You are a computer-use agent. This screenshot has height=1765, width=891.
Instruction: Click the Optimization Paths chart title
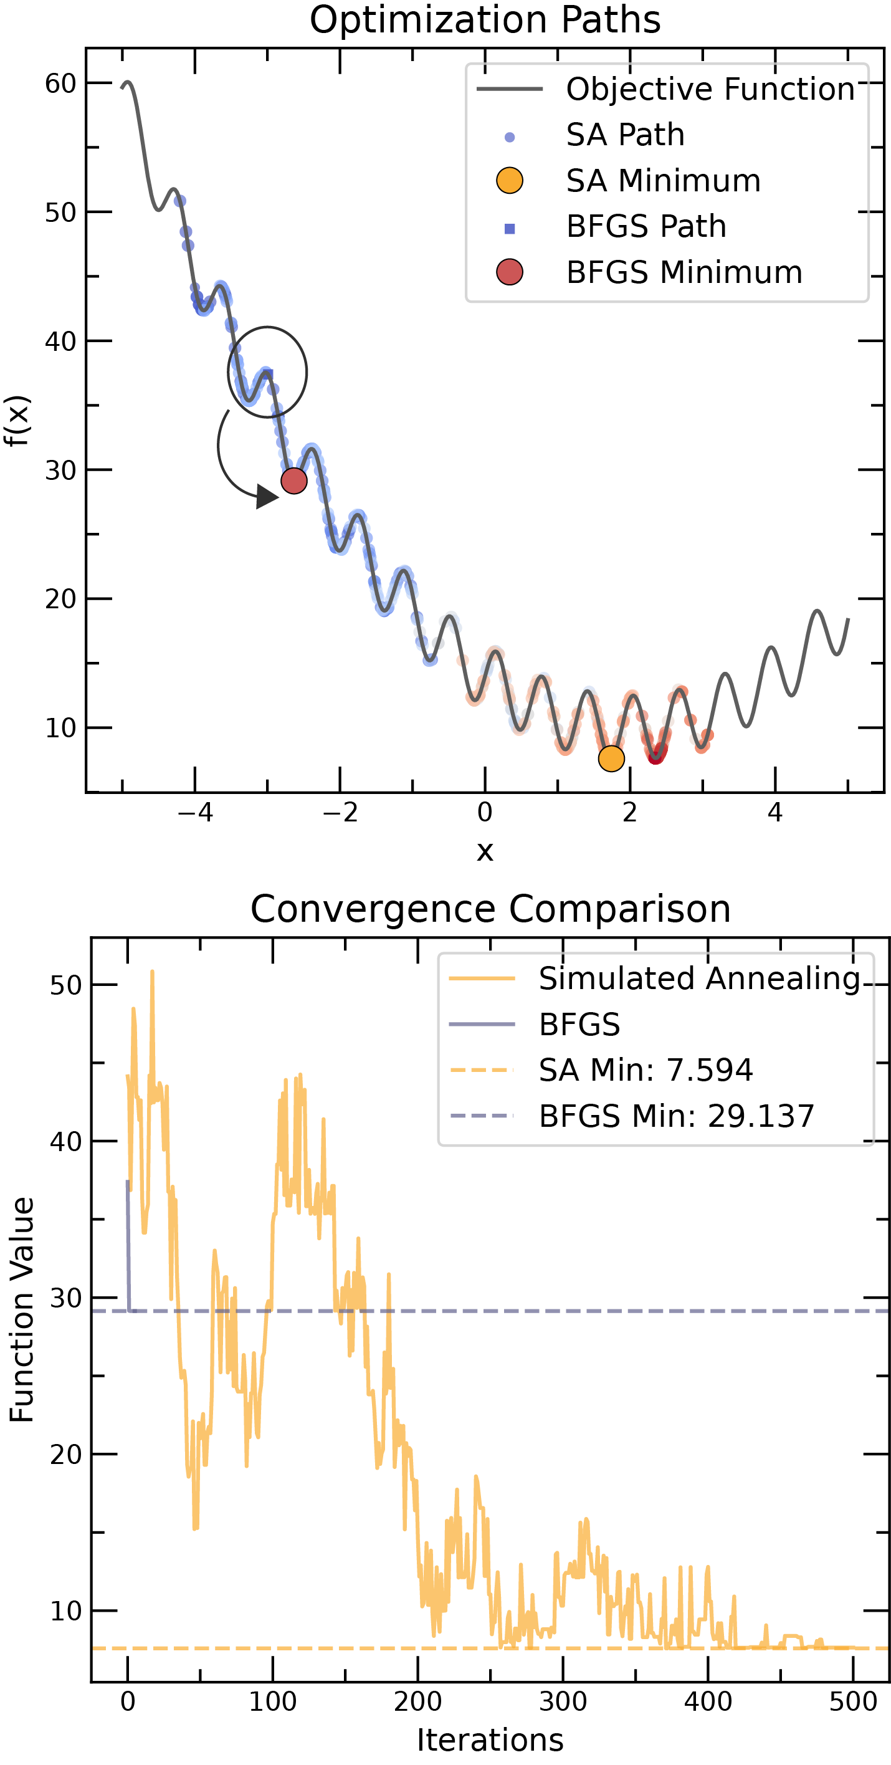click(485, 19)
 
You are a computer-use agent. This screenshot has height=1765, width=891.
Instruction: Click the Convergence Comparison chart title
click(490, 909)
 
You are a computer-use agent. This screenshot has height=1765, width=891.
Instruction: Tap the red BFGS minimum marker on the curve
click(294, 481)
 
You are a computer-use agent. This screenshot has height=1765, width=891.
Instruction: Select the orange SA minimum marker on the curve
click(611, 758)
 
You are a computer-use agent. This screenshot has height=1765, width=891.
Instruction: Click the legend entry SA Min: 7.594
click(645, 1070)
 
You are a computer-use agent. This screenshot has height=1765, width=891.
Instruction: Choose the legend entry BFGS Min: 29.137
click(676, 1116)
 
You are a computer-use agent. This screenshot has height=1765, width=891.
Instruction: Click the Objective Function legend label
click(710, 89)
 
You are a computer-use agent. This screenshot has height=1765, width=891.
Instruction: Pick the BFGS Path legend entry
click(646, 226)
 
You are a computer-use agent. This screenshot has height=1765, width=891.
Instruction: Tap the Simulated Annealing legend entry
click(698, 978)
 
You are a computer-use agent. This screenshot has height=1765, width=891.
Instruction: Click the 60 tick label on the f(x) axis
click(60, 84)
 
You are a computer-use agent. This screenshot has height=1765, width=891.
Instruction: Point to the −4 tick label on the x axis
click(194, 813)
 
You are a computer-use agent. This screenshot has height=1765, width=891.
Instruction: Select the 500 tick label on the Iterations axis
click(852, 1701)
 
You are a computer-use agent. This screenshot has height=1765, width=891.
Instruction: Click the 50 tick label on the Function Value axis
click(66, 986)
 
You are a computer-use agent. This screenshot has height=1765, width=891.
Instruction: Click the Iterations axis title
click(490, 1740)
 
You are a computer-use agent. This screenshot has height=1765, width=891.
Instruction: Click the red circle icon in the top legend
click(509, 272)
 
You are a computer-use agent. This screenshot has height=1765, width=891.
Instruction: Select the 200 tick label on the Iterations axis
click(417, 1701)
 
